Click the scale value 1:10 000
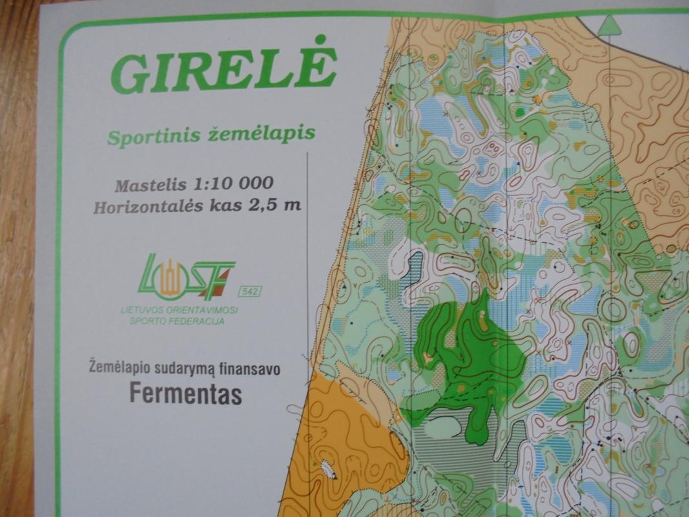(x=234, y=183)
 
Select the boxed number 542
(x=250, y=292)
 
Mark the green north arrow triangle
(x=610, y=25)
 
